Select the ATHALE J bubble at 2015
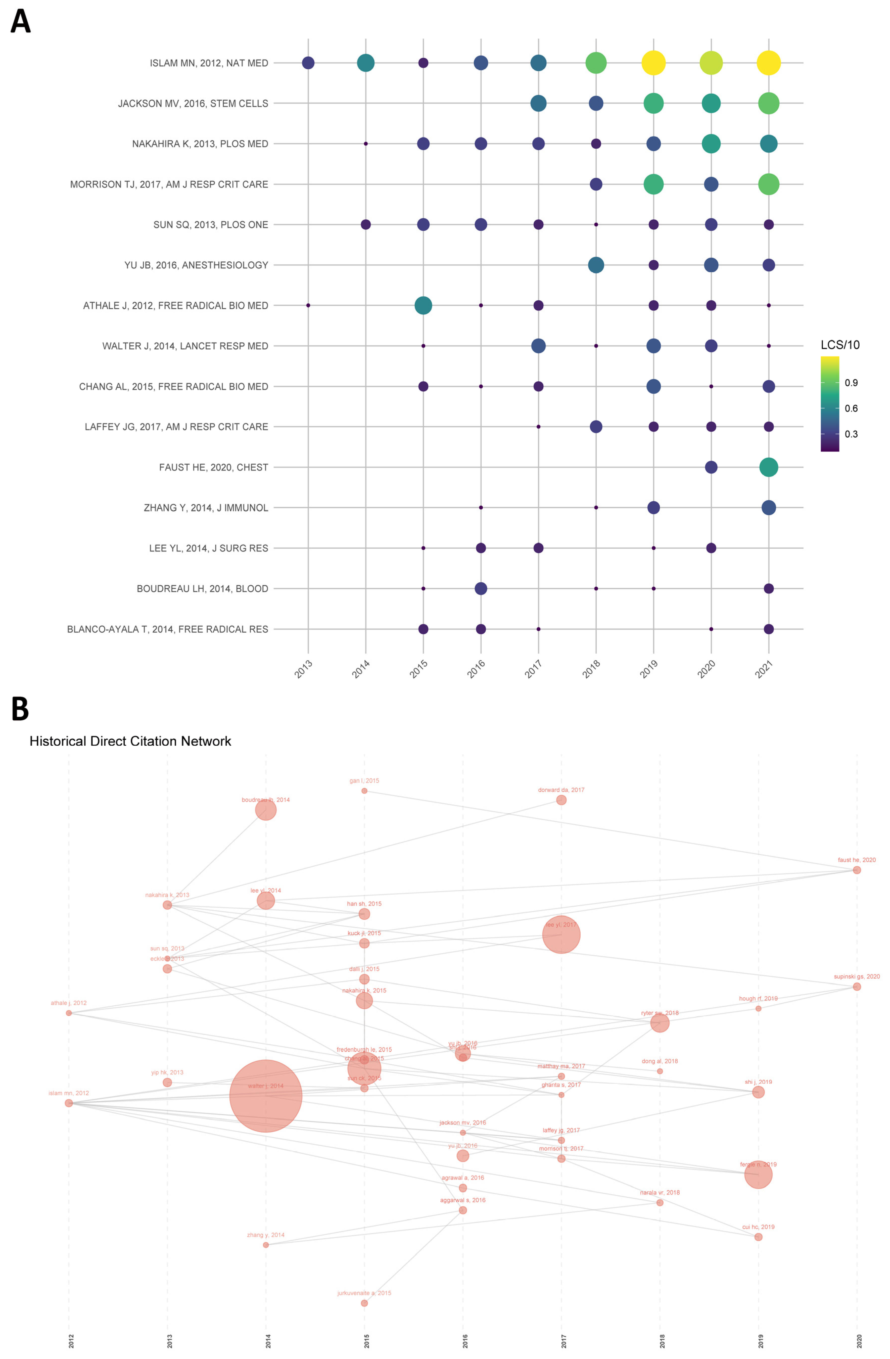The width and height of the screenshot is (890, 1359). coord(423,305)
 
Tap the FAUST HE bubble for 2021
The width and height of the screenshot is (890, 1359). coord(768,467)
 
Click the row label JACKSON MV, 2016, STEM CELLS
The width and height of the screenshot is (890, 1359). coord(193,103)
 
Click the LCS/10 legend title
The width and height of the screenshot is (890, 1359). coord(840,345)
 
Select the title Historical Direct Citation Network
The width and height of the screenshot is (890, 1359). coord(130,741)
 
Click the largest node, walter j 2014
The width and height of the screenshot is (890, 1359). coord(265,1096)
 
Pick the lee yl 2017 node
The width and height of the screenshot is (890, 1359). coord(561,934)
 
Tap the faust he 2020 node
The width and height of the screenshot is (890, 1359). coord(856,870)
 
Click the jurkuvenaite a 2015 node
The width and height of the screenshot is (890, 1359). coord(364,1303)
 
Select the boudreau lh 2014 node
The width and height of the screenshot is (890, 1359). coord(265,810)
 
